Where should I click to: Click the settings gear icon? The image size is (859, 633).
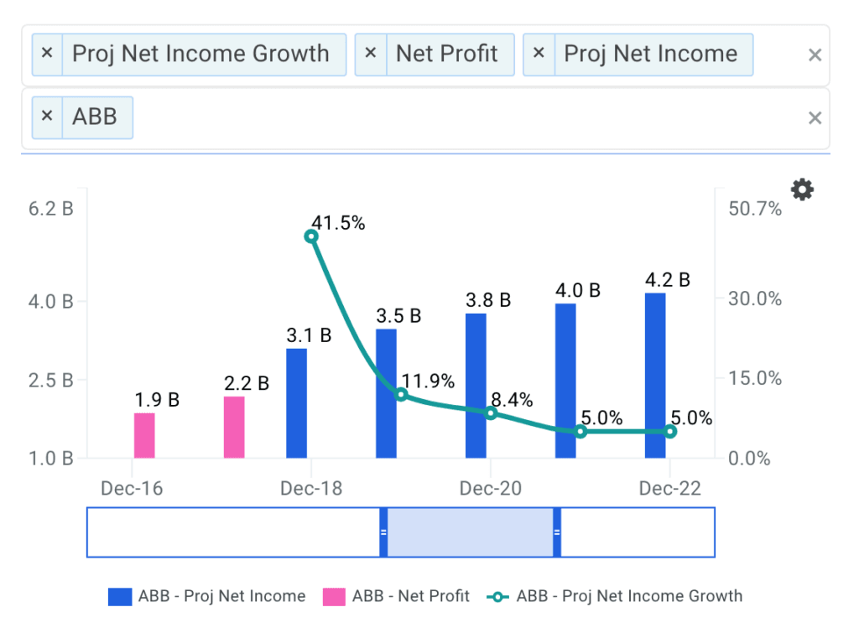coord(803,190)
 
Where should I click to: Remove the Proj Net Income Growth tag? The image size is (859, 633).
coord(47,54)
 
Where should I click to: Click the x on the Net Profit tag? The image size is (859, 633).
coord(371,54)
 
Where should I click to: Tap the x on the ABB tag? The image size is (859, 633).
coord(47,116)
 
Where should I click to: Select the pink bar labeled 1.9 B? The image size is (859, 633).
coord(144,435)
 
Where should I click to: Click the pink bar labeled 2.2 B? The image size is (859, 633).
coord(234,427)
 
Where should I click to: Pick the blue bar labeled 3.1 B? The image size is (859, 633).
coord(297,402)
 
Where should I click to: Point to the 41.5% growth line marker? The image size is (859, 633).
coord(311,236)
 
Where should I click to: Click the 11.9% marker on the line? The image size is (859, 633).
coord(401,394)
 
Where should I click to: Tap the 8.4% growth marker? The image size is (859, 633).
coord(491,412)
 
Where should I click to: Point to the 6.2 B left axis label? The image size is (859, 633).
coord(50,209)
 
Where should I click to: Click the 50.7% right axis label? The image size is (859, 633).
coord(756,209)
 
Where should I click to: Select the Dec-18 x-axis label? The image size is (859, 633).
coord(311,489)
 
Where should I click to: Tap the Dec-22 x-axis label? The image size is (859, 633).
coord(670,489)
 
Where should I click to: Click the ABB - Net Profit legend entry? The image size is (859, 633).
coord(395,597)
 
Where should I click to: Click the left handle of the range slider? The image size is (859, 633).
coord(383,532)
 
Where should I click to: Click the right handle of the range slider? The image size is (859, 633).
coord(556,532)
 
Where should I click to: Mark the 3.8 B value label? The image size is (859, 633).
coord(488,300)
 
